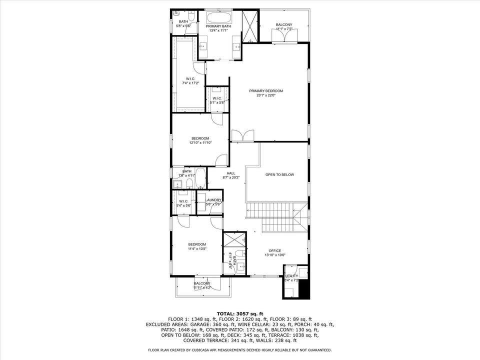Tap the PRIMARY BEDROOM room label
click(266, 91)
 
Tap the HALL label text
click(230, 173)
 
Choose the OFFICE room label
click(274, 251)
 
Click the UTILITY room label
click(291, 276)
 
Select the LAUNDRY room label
click(213, 200)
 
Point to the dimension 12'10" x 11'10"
click(200, 143)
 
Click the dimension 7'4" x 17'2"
click(190, 83)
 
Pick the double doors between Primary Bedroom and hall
click(242, 135)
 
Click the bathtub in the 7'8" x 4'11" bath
click(200, 178)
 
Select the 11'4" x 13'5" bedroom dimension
click(197, 248)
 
